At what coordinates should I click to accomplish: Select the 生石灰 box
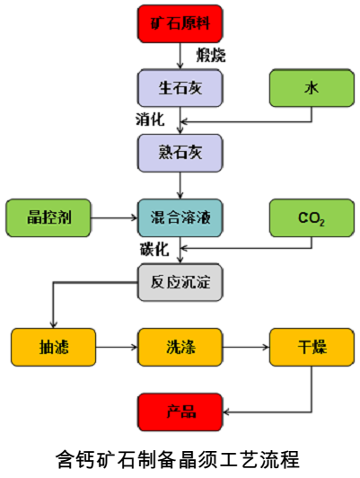tap(180, 88)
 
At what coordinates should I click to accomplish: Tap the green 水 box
tap(311, 88)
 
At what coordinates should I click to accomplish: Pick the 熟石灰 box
tap(180, 152)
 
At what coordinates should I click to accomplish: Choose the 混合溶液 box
tap(180, 217)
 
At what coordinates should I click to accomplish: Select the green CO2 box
tap(311, 217)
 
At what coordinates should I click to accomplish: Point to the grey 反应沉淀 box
tap(180, 281)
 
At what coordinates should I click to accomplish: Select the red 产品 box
tap(180, 412)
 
